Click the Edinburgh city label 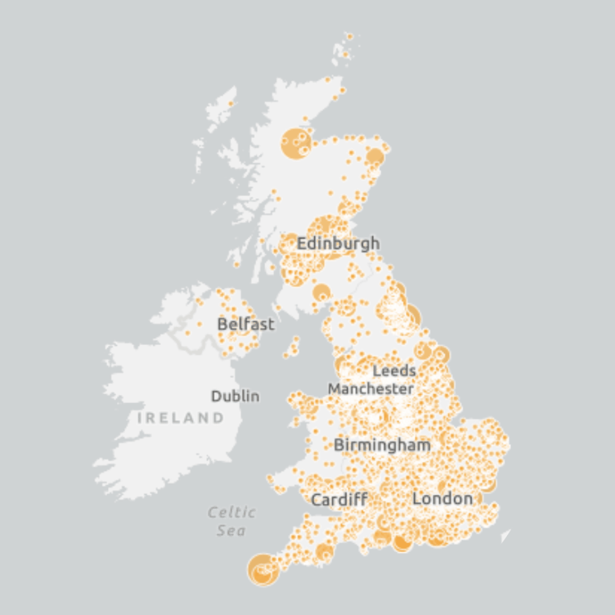pos(338,243)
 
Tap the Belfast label pos(245,324)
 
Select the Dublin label pos(236,396)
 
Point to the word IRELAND pos(180,418)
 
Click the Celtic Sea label pos(231,521)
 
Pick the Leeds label pos(394,370)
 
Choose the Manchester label pos(370,388)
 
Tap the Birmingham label pos(382,445)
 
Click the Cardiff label pos(339,499)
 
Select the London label pos(442,498)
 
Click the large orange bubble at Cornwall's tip pos(262,569)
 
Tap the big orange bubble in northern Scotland pos(296,143)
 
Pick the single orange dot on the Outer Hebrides pos(231,104)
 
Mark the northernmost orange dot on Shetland pos(349,35)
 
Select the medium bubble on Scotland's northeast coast pos(375,157)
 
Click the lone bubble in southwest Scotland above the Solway pos(322,292)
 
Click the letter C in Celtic pos(213,513)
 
